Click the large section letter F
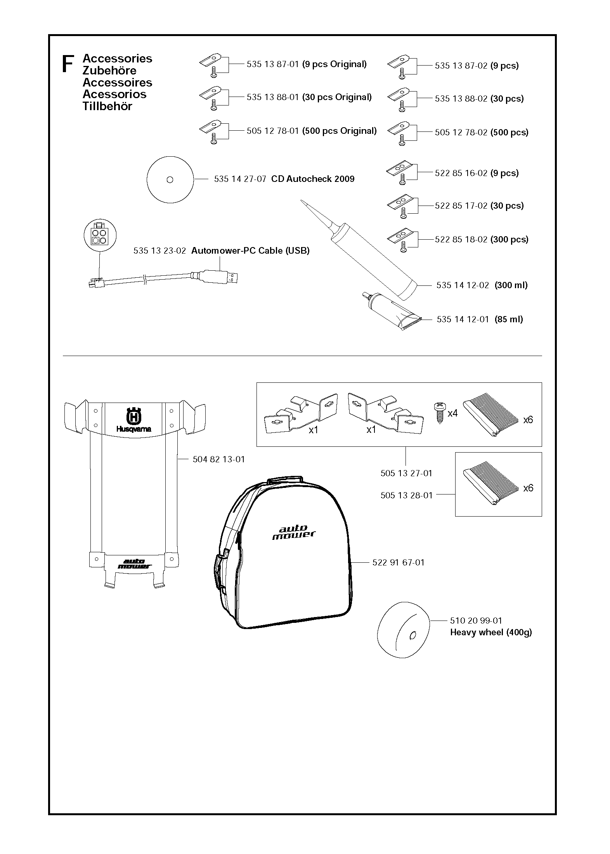[68, 64]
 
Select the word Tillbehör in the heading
[107, 106]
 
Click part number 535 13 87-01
[272, 64]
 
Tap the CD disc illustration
[170, 180]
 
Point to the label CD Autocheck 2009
[312, 179]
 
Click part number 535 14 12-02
[463, 285]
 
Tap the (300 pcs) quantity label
[509, 240]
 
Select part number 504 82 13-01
[219, 460]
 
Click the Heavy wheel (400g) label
[491, 633]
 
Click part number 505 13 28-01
[406, 495]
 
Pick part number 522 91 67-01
[398, 562]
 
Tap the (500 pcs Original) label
[339, 131]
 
